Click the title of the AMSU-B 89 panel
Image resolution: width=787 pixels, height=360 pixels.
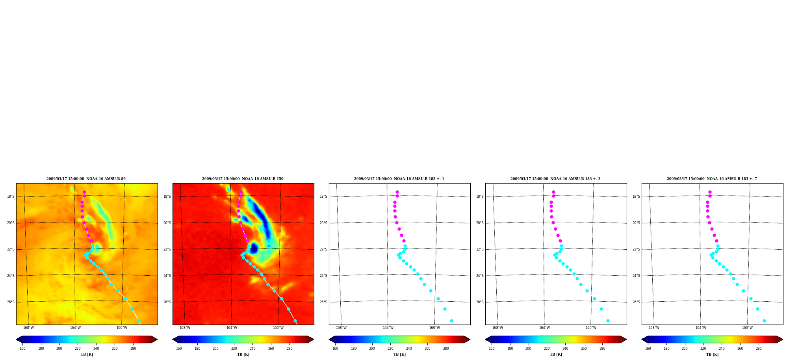pos(86,179)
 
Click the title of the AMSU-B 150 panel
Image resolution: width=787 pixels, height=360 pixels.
pos(243,179)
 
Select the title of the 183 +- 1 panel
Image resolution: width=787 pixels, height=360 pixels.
pos(399,179)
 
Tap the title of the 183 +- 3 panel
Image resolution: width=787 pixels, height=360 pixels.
pos(555,179)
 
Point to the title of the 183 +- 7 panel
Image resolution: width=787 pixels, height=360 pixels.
pos(712,179)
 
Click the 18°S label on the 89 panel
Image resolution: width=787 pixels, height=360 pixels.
pos(11,197)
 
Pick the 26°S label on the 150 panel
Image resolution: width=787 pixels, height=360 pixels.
pos(167,302)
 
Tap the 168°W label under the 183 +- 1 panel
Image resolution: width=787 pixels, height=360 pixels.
pos(341,328)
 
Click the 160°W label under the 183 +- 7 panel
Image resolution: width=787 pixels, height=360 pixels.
pos(747,328)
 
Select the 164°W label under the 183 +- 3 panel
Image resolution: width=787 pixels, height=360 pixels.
pos(544,328)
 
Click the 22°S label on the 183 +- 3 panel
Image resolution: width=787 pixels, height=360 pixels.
pos(480,249)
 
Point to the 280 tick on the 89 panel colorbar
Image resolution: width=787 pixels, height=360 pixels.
pos(133,349)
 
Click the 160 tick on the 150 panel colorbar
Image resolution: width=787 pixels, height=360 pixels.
pos(179,349)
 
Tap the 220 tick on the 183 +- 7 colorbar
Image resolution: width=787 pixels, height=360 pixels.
pos(703,349)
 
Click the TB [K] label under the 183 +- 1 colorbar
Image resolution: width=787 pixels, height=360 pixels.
pos(399,354)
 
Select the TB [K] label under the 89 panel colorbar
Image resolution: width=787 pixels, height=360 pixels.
pos(87,354)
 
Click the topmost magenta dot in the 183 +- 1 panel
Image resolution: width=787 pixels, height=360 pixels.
pos(397,192)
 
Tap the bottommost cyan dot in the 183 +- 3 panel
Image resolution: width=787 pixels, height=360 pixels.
pos(608,321)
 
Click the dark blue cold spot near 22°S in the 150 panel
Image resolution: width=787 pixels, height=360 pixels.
pos(254,248)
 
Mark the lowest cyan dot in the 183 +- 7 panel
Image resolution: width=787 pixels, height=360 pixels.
pos(764,321)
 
